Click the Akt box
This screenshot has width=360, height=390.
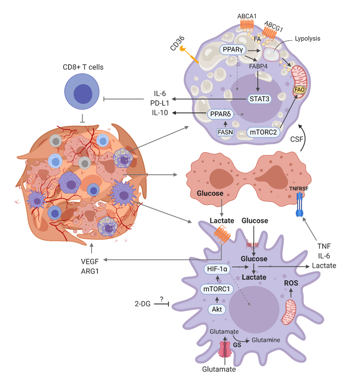(217, 309)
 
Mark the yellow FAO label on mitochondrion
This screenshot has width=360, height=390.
(299, 90)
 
